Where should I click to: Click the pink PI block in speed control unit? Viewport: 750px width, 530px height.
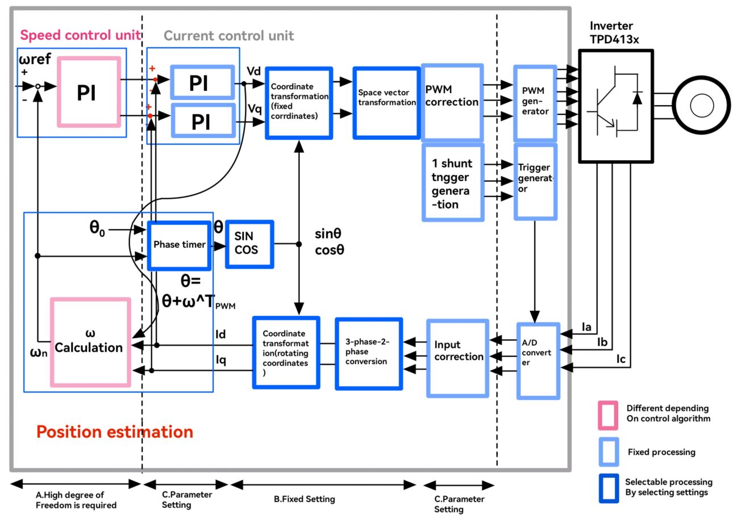click(88, 92)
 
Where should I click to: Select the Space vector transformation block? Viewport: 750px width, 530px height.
click(386, 103)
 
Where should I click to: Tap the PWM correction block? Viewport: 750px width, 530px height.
click(452, 102)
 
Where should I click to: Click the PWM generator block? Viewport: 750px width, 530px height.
click(535, 103)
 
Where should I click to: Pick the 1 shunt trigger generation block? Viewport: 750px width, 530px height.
click(452, 182)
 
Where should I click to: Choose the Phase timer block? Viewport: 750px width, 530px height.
click(180, 245)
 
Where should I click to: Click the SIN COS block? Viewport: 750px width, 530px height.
click(249, 244)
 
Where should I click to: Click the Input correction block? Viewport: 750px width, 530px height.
click(457, 358)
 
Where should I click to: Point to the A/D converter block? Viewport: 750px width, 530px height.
click(537, 361)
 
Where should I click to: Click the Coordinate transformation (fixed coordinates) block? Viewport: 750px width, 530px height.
click(299, 103)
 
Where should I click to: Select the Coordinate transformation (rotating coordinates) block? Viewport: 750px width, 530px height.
click(286, 353)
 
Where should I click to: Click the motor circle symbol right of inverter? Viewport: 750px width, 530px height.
click(701, 106)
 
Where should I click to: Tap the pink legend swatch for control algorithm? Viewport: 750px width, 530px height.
click(607, 415)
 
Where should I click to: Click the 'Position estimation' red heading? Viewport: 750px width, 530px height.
click(115, 432)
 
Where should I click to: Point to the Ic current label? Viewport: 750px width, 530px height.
click(620, 359)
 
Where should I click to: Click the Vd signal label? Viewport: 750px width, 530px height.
click(253, 71)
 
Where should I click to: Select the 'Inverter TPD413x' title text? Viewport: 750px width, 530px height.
click(614, 32)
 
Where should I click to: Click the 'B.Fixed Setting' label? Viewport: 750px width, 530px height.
click(304, 499)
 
